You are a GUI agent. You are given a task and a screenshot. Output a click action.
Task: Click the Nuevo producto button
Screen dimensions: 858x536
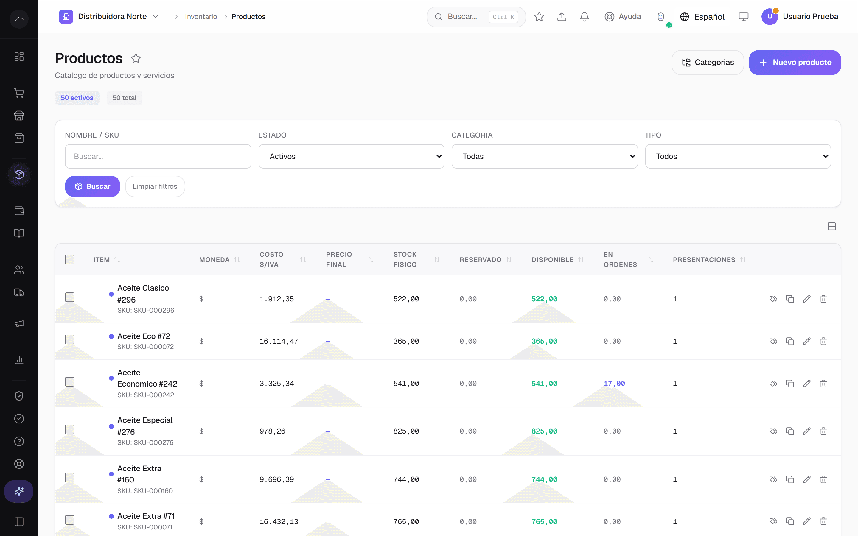tap(795, 63)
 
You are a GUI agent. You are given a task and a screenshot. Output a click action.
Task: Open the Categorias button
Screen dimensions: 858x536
tap(707, 63)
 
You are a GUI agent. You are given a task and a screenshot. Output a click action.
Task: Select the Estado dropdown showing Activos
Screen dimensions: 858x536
tap(351, 156)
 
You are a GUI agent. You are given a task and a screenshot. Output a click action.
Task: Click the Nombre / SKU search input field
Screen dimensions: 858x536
tap(158, 156)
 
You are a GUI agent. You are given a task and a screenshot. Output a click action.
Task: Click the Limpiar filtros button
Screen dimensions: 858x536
tap(155, 186)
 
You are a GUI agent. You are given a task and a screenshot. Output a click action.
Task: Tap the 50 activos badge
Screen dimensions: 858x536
tap(77, 98)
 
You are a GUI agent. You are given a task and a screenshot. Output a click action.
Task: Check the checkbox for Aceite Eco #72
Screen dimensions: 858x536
tap(70, 339)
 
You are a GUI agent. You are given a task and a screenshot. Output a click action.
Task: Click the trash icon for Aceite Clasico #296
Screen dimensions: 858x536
tap(823, 299)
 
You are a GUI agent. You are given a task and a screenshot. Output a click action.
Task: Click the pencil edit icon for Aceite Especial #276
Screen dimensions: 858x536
tap(806, 431)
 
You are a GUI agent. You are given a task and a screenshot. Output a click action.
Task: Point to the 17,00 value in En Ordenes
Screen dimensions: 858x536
tap(614, 384)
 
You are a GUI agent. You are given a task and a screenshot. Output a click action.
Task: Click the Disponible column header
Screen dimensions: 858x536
tap(552, 260)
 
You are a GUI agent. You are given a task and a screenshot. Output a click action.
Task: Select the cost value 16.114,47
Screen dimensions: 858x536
tap(279, 341)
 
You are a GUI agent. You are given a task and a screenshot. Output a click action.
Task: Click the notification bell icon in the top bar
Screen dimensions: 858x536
tap(584, 17)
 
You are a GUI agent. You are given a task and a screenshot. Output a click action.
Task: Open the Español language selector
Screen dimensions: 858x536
tap(702, 17)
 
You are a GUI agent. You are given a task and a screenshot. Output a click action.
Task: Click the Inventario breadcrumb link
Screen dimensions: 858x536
tap(201, 17)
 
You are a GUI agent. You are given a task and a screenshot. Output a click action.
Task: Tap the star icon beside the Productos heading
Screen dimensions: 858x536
tap(136, 58)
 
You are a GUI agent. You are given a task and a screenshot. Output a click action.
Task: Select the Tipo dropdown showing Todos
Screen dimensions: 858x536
tap(738, 156)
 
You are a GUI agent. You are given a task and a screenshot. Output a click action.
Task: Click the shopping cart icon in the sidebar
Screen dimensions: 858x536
tap(19, 93)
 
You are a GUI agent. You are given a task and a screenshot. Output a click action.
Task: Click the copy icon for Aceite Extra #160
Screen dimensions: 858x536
tap(790, 479)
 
